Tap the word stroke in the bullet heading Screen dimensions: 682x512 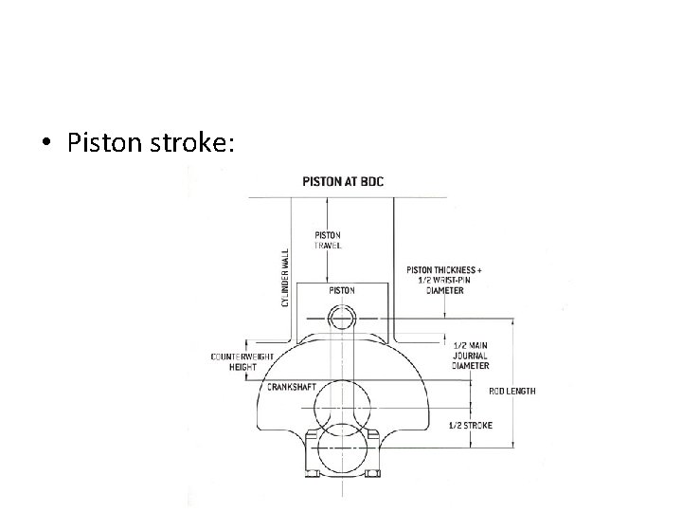196,144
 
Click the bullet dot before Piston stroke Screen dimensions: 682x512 47,145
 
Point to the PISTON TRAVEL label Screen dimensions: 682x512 327,239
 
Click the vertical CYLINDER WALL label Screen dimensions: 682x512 284,277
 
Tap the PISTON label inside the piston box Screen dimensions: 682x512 342,290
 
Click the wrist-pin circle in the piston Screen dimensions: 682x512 342,317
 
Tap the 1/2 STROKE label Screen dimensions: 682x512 470,426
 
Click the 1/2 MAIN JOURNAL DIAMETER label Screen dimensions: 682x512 470,356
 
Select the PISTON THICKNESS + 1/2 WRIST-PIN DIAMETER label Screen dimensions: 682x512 443,280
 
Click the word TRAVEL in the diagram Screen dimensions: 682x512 328,245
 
